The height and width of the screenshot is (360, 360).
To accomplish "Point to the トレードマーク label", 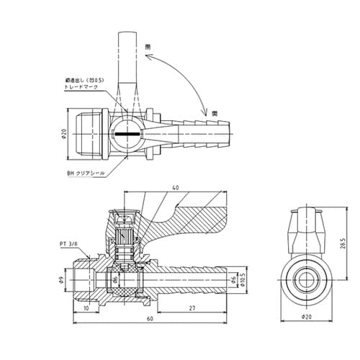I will (78, 86).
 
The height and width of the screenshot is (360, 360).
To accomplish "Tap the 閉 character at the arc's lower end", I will (214, 114).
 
